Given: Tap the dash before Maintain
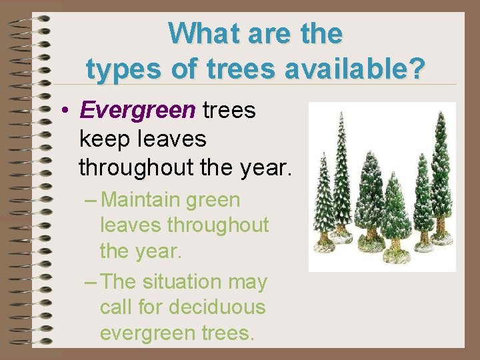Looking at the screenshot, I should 93,200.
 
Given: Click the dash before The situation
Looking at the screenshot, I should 93,282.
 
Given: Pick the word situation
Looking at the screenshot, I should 185,282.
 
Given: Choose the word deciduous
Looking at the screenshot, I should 217,307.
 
